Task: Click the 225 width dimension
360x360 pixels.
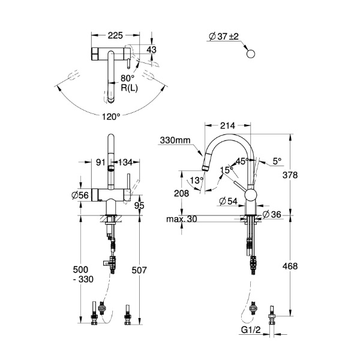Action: point(115,35)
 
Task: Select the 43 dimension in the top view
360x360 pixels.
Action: point(151,50)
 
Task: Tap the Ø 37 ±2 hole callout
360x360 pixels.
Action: point(224,36)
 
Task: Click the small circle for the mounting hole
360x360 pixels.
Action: point(250,54)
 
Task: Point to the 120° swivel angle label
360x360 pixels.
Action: point(111,117)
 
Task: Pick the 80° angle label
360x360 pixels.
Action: point(128,78)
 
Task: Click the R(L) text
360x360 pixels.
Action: point(129,88)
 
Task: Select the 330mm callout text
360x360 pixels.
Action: point(175,140)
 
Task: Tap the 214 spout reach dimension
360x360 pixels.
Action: point(227,125)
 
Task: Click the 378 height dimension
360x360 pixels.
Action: point(290,175)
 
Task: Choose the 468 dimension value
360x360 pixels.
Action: point(290,266)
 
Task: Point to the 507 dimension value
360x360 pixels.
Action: point(139,270)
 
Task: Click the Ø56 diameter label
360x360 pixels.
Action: point(80,195)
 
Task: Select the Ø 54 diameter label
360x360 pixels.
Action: point(228,202)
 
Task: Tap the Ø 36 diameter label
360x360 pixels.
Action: point(272,214)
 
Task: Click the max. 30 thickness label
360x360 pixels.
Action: point(182,219)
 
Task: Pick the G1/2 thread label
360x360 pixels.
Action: point(251,330)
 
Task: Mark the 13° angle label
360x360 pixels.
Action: point(197,180)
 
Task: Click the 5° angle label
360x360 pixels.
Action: point(277,161)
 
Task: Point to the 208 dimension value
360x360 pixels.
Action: point(181,193)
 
